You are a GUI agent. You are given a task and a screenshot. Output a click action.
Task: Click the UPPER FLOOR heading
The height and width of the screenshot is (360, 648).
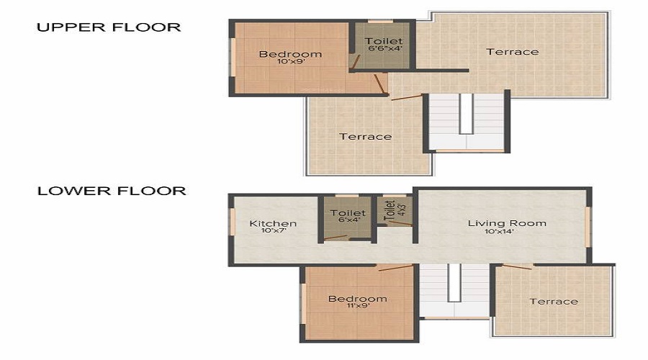click(x=108, y=27)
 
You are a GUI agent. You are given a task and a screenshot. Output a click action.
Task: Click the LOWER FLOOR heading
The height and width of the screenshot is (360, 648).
click(x=112, y=191)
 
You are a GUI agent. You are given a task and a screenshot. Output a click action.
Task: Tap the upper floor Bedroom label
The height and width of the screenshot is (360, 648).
click(x=290, y=54)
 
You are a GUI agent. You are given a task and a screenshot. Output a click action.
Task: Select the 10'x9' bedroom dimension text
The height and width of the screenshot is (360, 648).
click(x=291, y=63)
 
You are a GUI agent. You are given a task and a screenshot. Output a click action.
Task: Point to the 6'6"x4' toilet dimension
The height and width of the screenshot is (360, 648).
click(x=383, y=49)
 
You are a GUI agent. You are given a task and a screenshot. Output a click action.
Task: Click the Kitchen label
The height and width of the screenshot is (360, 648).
click(x=273, y=223)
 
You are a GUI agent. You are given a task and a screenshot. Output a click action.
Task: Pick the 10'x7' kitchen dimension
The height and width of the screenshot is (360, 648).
click(x=273, y=232)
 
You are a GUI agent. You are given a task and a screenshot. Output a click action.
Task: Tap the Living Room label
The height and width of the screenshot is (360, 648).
click(x=507, y=222)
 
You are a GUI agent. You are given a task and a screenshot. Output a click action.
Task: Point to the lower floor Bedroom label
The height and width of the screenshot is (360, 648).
click(x=358, y=298)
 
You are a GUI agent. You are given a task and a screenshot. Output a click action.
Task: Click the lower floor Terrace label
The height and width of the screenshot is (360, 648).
click(x=554, y=301)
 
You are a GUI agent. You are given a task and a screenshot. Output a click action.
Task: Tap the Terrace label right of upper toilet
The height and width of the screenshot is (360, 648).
click(x=512, y=51)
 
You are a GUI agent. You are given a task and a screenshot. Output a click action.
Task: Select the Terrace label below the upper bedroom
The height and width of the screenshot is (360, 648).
click(x=366, y=136)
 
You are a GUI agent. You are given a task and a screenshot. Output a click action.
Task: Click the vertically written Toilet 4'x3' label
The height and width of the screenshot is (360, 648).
click(x=390, y=210)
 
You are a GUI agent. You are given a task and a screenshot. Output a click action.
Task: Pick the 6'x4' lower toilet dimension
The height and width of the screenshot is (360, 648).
click(x=348, y=220)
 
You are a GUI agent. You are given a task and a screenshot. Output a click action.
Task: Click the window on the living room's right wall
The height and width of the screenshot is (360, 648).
click(x=588, y=227)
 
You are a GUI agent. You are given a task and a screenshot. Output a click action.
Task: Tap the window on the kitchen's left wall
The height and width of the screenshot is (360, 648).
click(x=232, y=222)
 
